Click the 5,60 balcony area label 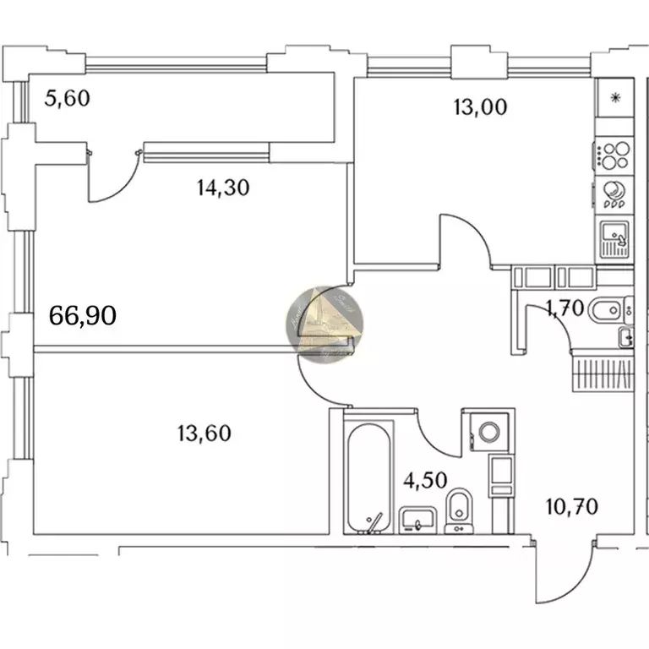click(67, 99)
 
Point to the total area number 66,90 click(83, 316)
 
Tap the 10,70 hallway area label click(572, 507)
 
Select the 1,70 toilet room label click(564, 309)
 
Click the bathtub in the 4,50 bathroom click(369, 477)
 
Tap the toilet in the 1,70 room click(606, 312)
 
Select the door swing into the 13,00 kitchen click(465, 241)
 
